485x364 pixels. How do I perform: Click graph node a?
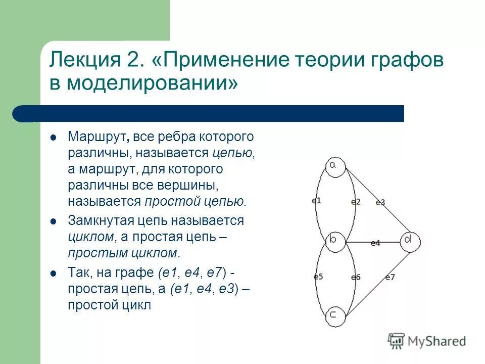click(335, 166)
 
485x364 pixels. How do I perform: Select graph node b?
click(334, 241)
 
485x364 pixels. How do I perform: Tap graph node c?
click(334, 315)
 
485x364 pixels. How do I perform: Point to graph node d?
click(409, 241)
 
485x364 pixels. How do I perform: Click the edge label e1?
click(316, 200)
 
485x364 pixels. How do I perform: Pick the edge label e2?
click(356, 202)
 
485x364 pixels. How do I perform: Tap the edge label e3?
click(380, 202)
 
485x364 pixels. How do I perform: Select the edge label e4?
click(375, 243)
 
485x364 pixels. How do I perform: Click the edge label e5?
click(318, 277)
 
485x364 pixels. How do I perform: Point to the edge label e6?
click(356, 277)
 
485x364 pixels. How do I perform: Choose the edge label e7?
click(390, 277)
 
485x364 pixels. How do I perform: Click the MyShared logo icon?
click(397, 340)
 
